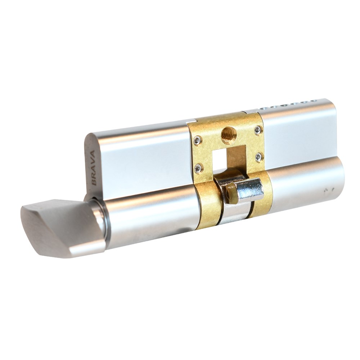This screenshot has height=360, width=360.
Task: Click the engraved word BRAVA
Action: coord(94,168)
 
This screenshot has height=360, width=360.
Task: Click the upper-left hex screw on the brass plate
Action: coord(198,140)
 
